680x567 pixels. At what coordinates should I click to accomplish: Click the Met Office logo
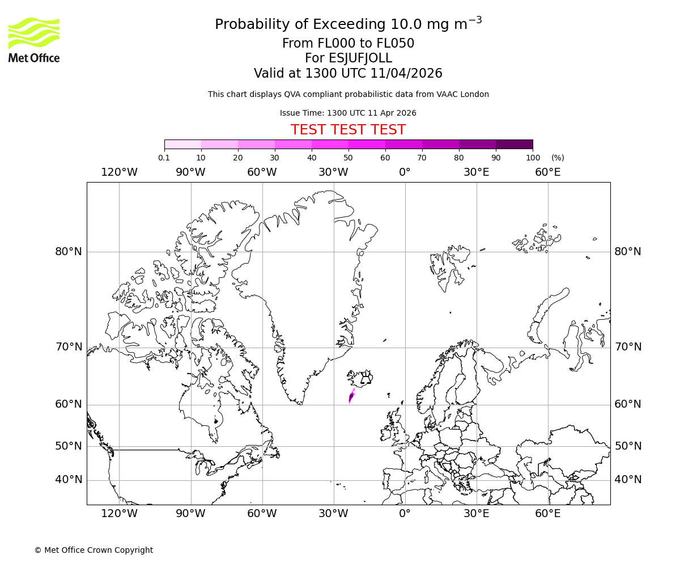(34, 40)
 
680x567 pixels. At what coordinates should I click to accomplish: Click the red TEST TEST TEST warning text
(348, 130)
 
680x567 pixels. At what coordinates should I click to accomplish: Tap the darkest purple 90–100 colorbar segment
(514, 144)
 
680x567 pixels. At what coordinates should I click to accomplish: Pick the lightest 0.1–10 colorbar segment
(182, 144)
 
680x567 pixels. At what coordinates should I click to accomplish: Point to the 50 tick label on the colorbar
(348, 158)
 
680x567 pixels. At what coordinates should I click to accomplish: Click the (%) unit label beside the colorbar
(558, 158)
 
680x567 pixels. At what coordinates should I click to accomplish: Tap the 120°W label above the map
(119, 172)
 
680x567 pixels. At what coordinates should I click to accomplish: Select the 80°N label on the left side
(69, 252)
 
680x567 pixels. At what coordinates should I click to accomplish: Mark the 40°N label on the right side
(628, 480)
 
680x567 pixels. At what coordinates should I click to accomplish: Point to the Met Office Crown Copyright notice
(93, 550)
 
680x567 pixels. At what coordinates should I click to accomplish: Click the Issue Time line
(348, 113)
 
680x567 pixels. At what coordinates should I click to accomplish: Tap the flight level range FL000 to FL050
(348, 44)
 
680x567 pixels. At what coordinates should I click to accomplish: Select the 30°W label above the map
(333, 172)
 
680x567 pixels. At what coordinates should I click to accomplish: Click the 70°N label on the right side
(628, 347)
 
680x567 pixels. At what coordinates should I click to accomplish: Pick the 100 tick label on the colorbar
(533, 158)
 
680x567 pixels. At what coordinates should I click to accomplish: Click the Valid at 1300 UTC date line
(348, 74)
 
